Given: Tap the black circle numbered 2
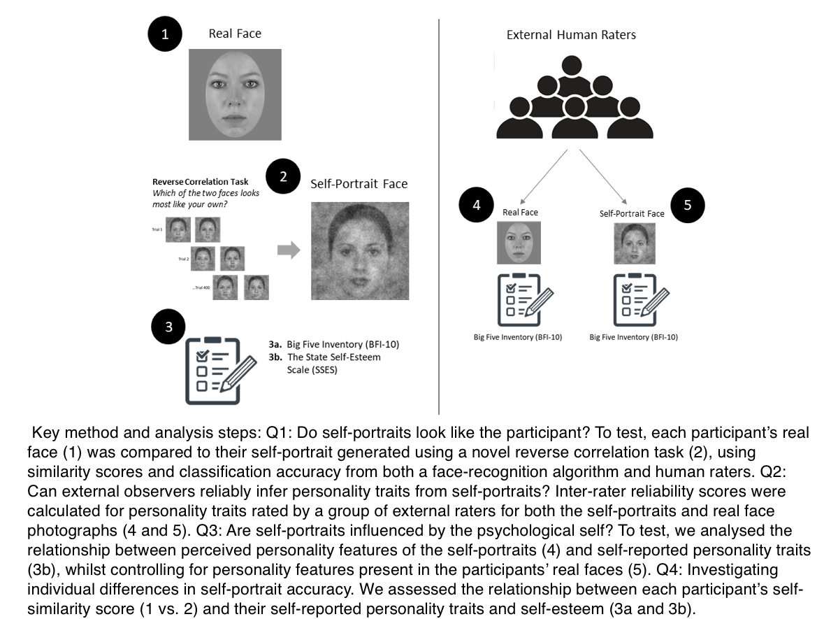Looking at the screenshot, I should pyautogui.click(x=283, y=176).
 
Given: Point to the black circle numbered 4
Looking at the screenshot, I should pyautogui.click(x=477, y=206).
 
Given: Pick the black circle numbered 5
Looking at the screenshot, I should pyautogui.click(x=687, y=205).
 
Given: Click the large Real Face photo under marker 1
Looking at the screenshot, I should pyautogui.click(x=235, y=94).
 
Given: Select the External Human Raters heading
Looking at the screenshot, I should pyautogui.click(x=572, y=35).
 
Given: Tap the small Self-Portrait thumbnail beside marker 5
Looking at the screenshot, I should pyautogui.click(x=632, y=243).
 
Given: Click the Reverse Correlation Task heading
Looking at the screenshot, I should pyautogui.click(x=200, y=182).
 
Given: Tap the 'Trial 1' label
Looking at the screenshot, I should pyautogui.click(x=157, y=229).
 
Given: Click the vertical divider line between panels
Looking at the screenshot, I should pyautogui.click(x=438, y=210).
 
